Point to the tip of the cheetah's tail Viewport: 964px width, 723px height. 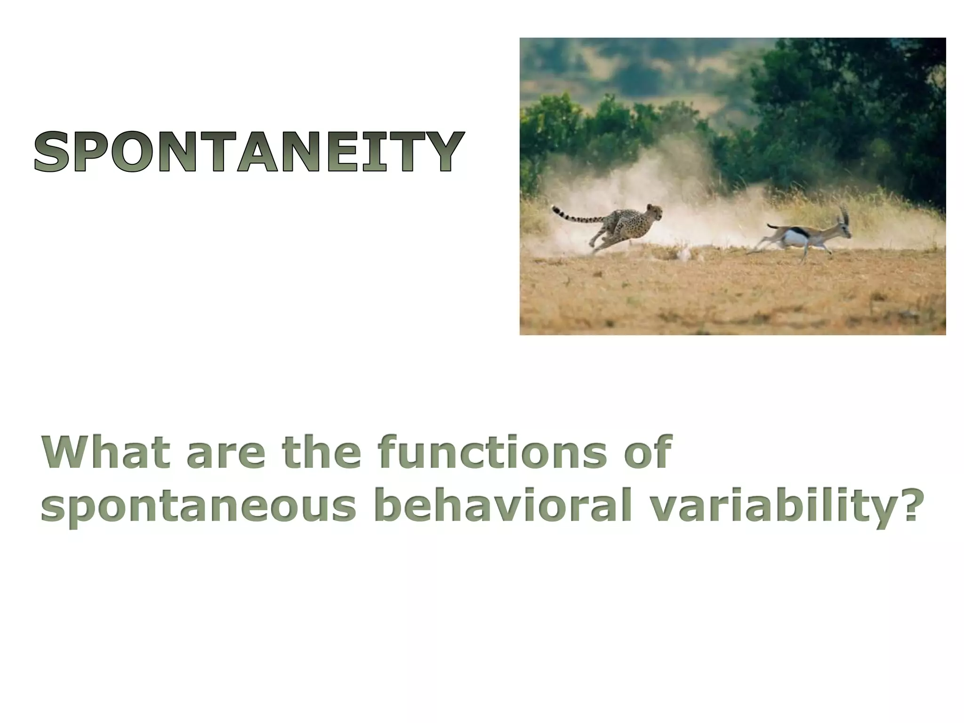click(554, 207)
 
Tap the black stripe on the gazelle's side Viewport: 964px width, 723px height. click(799, 232)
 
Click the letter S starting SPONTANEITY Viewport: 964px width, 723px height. click(52, 152)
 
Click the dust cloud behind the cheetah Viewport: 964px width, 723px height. click(565, 235)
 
